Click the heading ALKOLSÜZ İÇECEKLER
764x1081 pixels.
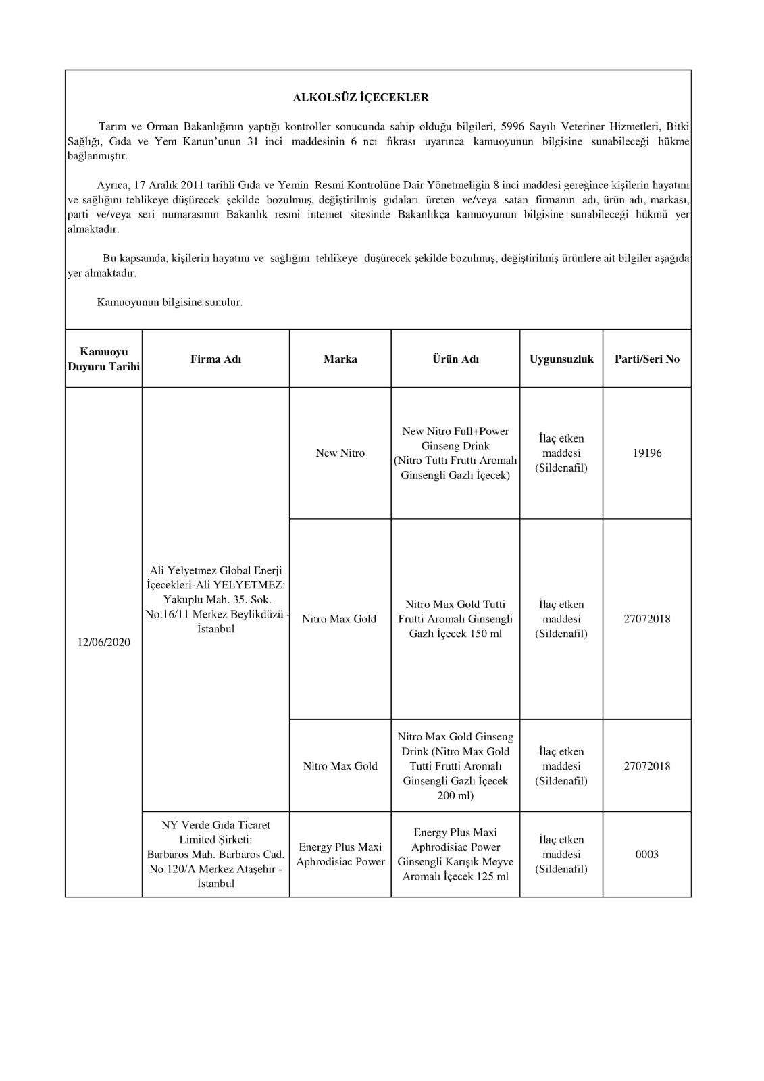tap(361, 97)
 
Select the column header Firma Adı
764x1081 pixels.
tap(215, 359)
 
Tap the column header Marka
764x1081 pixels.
tap(340, 359)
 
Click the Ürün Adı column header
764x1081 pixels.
tap(455, 359)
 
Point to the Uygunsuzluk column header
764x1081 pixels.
tap(561, 359)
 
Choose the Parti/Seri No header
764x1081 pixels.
tap(646, 359)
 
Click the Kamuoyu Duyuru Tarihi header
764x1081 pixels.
tap(103, 359)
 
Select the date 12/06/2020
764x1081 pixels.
tap(103, 642)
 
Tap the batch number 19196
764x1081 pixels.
tap(646, 453)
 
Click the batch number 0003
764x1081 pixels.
tap(646, 855)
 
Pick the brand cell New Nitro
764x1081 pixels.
tap(340, 453)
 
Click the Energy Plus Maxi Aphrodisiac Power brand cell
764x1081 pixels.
tap(340, 855)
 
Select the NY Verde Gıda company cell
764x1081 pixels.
tap(215, 855)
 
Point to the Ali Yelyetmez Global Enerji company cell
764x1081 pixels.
tap(215, 600)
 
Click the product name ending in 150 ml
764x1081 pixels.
tap(455, 619)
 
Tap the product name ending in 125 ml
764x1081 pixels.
tap(455, 855)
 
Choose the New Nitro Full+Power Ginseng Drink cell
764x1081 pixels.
tap(455, 453)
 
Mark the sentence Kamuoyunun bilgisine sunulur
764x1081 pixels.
tap(170, 303)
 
